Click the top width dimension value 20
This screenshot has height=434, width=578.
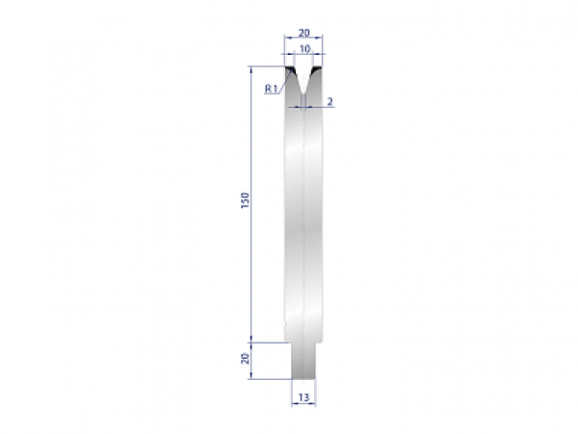click(x=303, y=32)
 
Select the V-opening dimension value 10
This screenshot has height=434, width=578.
click(x=303, y=48)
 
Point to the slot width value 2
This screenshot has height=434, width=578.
click(x=329, y=100)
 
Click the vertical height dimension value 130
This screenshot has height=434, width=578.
click(x=247, y=201)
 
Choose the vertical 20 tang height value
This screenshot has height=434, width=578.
click(x=247, y=359)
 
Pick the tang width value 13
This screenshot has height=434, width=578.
click(x=303, y=396)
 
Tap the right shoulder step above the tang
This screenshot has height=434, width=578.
click(x=319, y=340)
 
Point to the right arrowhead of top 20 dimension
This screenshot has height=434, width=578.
click(x=321, y=41)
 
